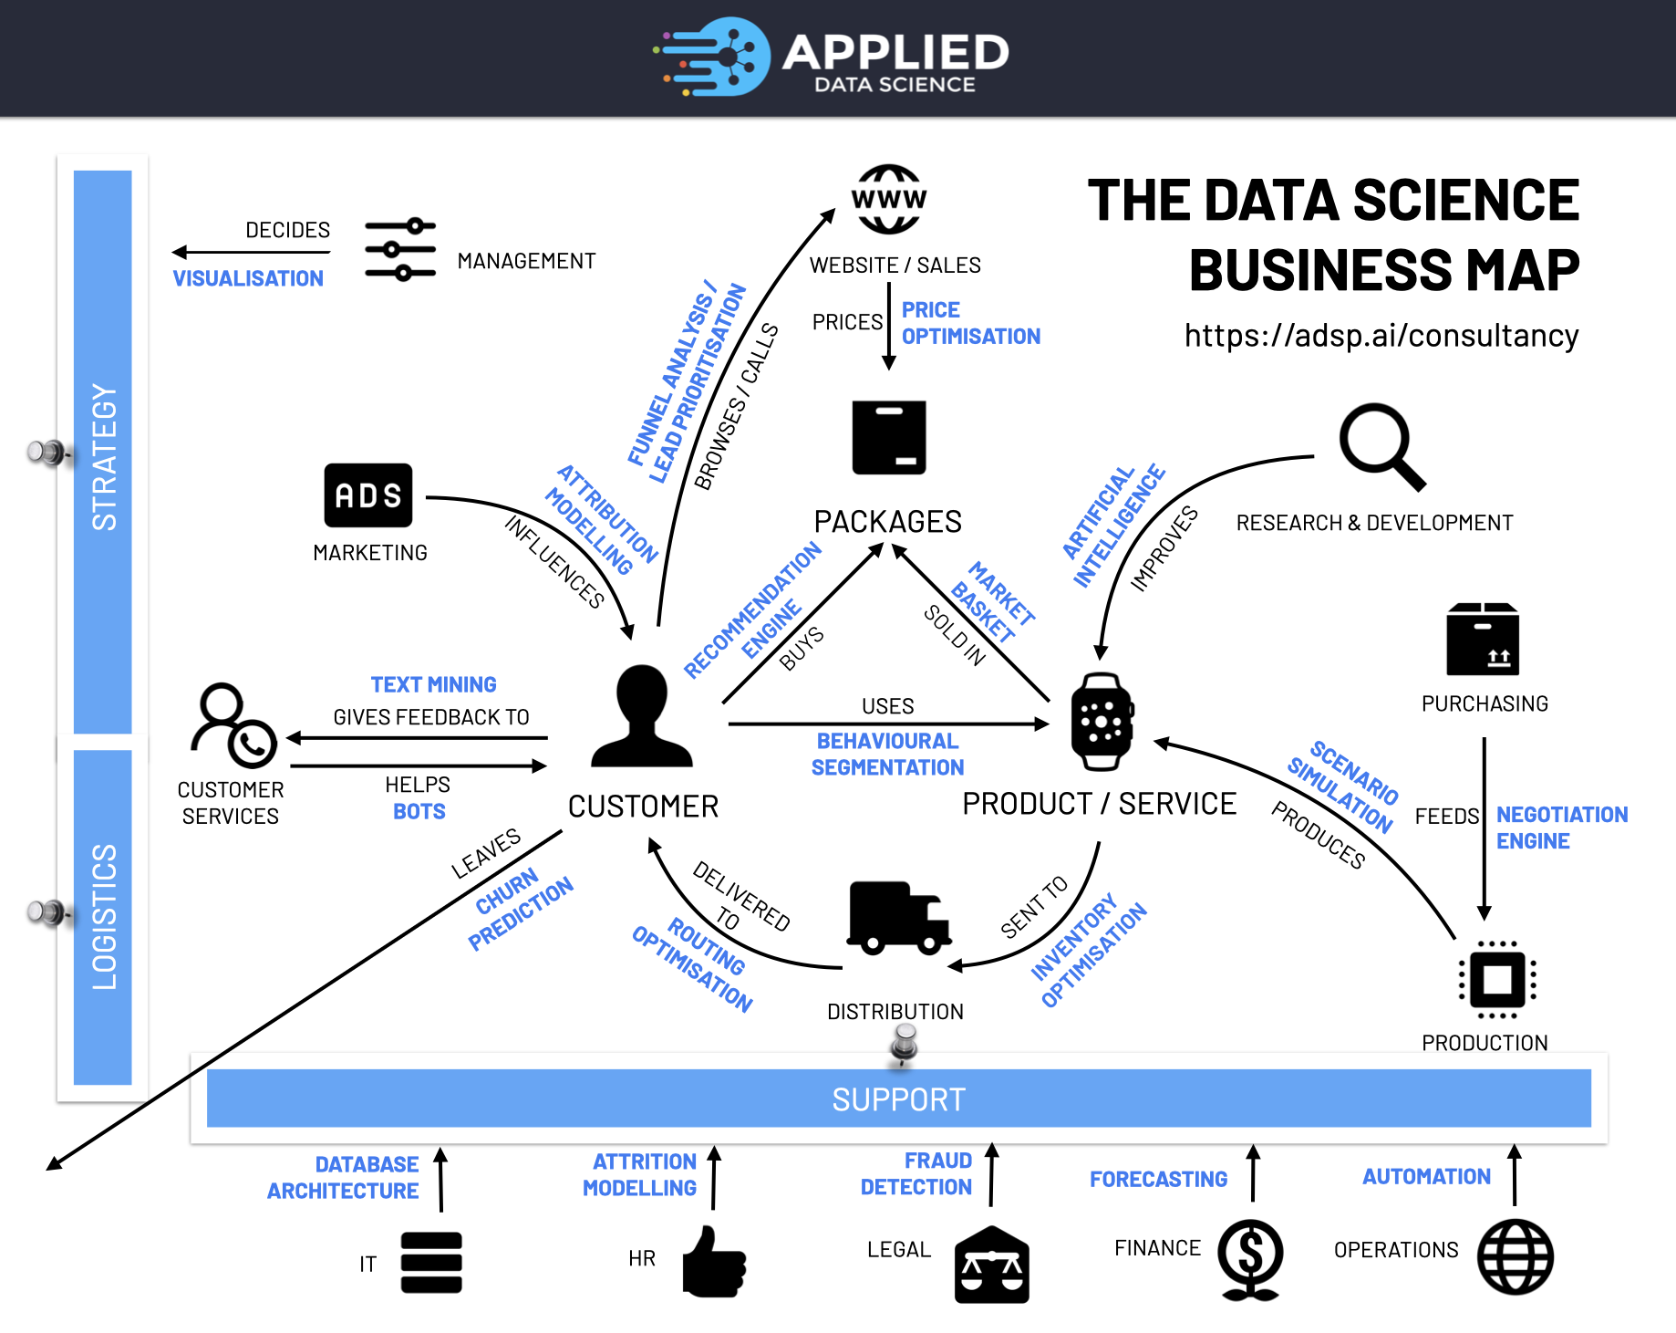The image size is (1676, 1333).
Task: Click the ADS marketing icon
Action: coord(368,495)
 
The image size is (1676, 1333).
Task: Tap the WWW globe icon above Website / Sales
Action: coord(889,199)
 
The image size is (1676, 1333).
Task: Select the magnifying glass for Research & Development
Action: coord(1380,445)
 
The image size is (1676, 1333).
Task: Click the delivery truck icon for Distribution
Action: coord(899,917)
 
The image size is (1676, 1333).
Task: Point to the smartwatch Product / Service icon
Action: coord(1102,722)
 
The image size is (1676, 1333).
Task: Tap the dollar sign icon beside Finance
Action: coord(1251,1257)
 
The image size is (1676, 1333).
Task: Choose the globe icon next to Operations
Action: coord(1515,1257)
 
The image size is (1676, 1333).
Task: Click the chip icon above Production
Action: coord(1497,980)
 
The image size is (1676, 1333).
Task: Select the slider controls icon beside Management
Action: coord(400,249)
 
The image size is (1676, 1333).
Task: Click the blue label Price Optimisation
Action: coord(969,323)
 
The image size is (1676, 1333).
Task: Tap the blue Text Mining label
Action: coord(433,684)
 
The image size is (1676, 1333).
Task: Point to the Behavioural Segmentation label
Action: coord(887,754)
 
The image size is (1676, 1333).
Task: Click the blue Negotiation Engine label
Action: coord(1561,828)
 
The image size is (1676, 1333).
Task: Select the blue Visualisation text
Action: coord(248,278)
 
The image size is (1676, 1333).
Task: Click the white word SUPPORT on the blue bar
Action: coord(898,1099)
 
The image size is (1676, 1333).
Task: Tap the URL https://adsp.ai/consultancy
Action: coord(1381,336)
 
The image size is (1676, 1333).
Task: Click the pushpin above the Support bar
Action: coord(905,1041)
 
